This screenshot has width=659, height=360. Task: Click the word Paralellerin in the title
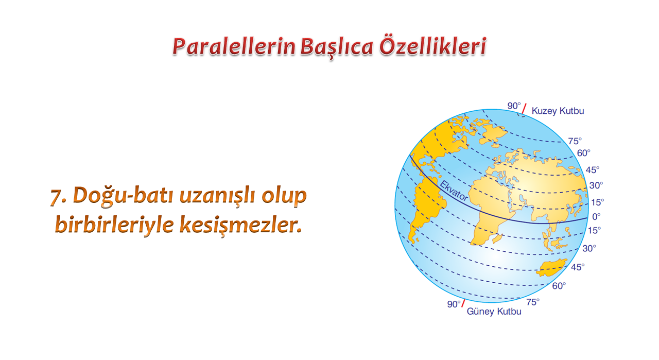click(x=234, y=46)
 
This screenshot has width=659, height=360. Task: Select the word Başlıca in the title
click(x=337, y=47)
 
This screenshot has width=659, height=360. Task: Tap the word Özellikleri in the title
click(x=432, y=46)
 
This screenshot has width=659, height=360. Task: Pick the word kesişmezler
click(x=240, y=225)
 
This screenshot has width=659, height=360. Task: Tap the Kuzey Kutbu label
click(x=558, y=111)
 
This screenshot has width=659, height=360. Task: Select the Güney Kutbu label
click(x=494, y=312)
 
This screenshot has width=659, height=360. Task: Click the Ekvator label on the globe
click(x=454, y=191)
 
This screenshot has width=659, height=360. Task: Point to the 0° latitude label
click(x=596, y=217)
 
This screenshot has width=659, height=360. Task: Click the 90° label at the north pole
click(x=514, y=106)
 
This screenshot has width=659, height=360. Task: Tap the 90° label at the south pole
click(x=454, y=304)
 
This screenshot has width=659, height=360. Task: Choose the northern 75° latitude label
click(x=575, y=141)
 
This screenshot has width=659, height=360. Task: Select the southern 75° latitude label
click(x=533, y=302)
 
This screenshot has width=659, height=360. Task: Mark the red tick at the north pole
click(x=524, y=109)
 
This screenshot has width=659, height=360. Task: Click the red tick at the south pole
click(x=463, y=303)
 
